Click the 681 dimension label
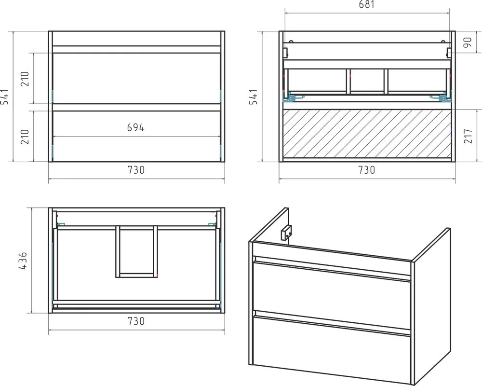[367, 5]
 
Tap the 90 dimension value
[467, 42]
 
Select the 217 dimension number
[468, 136]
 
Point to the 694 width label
[135, 127]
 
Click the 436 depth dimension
[23, 261]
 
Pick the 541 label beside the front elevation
[5, 96]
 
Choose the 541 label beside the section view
[253, 96]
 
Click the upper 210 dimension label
[25, 79]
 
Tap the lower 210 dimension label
[25, 137]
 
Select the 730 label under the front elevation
[136, 170]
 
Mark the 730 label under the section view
[367, 170]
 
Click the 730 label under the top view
[136, 321]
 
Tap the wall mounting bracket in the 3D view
[286, 233]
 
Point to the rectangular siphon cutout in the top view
[137, 252]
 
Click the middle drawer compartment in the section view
[367, 81]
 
